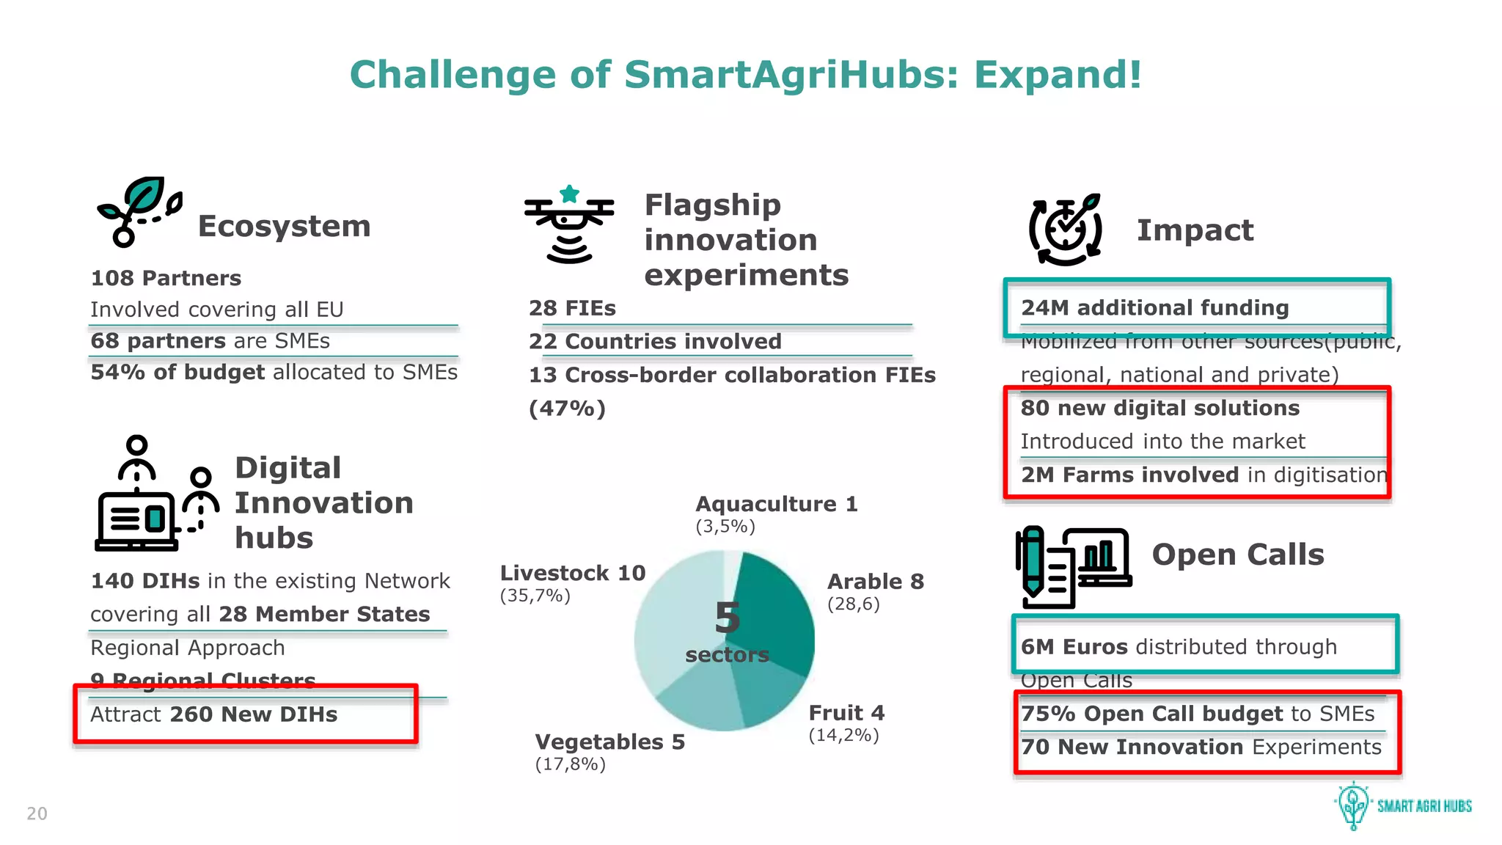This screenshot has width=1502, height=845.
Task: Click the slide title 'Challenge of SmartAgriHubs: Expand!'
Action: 745,75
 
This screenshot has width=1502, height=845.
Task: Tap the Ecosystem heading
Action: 284,226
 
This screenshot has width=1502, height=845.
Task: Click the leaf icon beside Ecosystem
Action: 139,211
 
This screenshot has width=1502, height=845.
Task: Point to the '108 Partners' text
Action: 166,278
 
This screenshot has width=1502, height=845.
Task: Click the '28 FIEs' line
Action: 572,308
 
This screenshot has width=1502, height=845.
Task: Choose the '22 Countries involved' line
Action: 655,341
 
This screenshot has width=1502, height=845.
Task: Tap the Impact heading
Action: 1195,230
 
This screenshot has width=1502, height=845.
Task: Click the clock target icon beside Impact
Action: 1066,229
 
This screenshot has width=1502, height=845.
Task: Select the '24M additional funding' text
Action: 1154,307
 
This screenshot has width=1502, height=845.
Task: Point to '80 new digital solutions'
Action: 1160,408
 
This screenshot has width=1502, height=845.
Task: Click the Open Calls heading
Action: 1238,555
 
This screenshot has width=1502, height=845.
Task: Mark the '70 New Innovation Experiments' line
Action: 1201,747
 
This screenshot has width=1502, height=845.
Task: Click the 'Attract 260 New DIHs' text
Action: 213,714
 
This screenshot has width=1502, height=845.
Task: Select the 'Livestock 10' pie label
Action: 572,573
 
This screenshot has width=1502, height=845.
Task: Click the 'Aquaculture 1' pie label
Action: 776,504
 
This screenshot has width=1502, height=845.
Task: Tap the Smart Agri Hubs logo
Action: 1402,805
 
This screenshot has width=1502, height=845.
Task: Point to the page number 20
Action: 37,813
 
